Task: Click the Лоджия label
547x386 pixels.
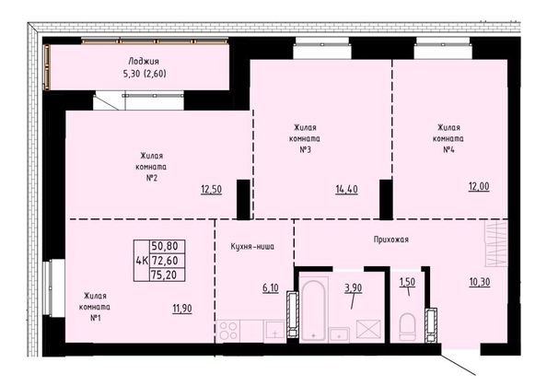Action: coord(144,62)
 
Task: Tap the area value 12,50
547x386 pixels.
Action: coord(212,190)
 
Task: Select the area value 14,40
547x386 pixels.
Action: coord(347,190)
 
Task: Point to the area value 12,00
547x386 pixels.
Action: coord(479,187)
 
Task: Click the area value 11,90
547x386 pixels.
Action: coord(182,309)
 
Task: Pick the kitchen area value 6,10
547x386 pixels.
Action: coord(271,288)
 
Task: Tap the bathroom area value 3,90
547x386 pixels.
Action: coord(354,288)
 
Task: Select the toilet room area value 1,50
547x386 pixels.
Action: coord(407,282)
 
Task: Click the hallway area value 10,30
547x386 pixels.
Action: coord(480,282)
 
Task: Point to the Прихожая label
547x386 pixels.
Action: coord(391,240)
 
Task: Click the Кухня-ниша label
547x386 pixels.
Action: coord(252,247)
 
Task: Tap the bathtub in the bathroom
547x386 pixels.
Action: coord(314,310)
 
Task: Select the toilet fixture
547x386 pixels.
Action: coord(407,327)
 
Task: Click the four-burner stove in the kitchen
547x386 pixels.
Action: coord(228,331)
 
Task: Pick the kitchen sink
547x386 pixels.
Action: coord(275,331)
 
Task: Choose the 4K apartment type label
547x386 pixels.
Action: coord(142,261)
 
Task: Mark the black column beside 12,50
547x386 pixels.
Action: coord(243,200)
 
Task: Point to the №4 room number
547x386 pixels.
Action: coord(448,150)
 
